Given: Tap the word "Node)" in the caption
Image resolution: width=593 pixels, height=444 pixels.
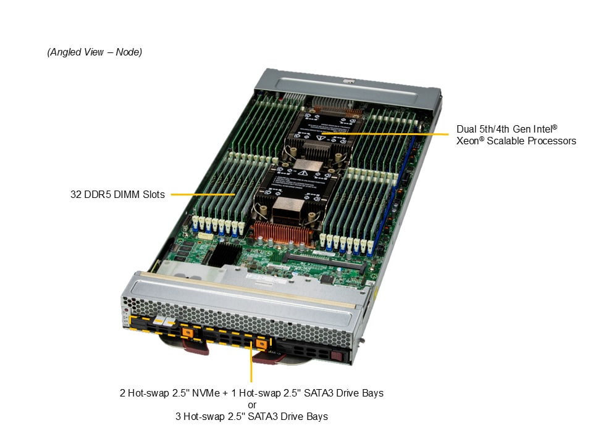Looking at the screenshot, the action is coord(128,52).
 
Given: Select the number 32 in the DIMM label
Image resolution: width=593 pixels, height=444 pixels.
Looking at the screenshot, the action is coord(75,194).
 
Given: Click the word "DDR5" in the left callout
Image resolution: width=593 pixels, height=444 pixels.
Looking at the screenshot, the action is coord(98,194).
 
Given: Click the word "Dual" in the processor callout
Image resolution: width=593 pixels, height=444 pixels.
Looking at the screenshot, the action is coord(466,129).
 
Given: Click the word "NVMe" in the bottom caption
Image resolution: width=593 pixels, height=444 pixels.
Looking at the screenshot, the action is coord(206,393).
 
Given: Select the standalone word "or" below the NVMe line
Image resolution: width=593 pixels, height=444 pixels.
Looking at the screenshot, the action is coord(252,405).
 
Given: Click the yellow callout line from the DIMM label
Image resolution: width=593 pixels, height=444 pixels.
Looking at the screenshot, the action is coord(203,194).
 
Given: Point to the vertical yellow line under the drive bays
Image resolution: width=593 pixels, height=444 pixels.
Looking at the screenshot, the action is coord(251,362).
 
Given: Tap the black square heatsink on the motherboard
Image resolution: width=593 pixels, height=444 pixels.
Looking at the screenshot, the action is coord(225,254).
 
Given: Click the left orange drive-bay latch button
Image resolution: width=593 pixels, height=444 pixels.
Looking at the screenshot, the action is coord(187,332).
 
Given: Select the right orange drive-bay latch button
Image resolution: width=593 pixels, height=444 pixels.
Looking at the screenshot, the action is coord(261,343).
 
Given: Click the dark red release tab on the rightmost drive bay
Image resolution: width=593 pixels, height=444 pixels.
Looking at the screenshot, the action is coord(336,356).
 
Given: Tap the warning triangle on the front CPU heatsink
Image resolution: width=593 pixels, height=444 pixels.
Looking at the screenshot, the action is coord(303,173).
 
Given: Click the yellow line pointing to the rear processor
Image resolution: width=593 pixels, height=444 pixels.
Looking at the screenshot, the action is coord(385,134).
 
